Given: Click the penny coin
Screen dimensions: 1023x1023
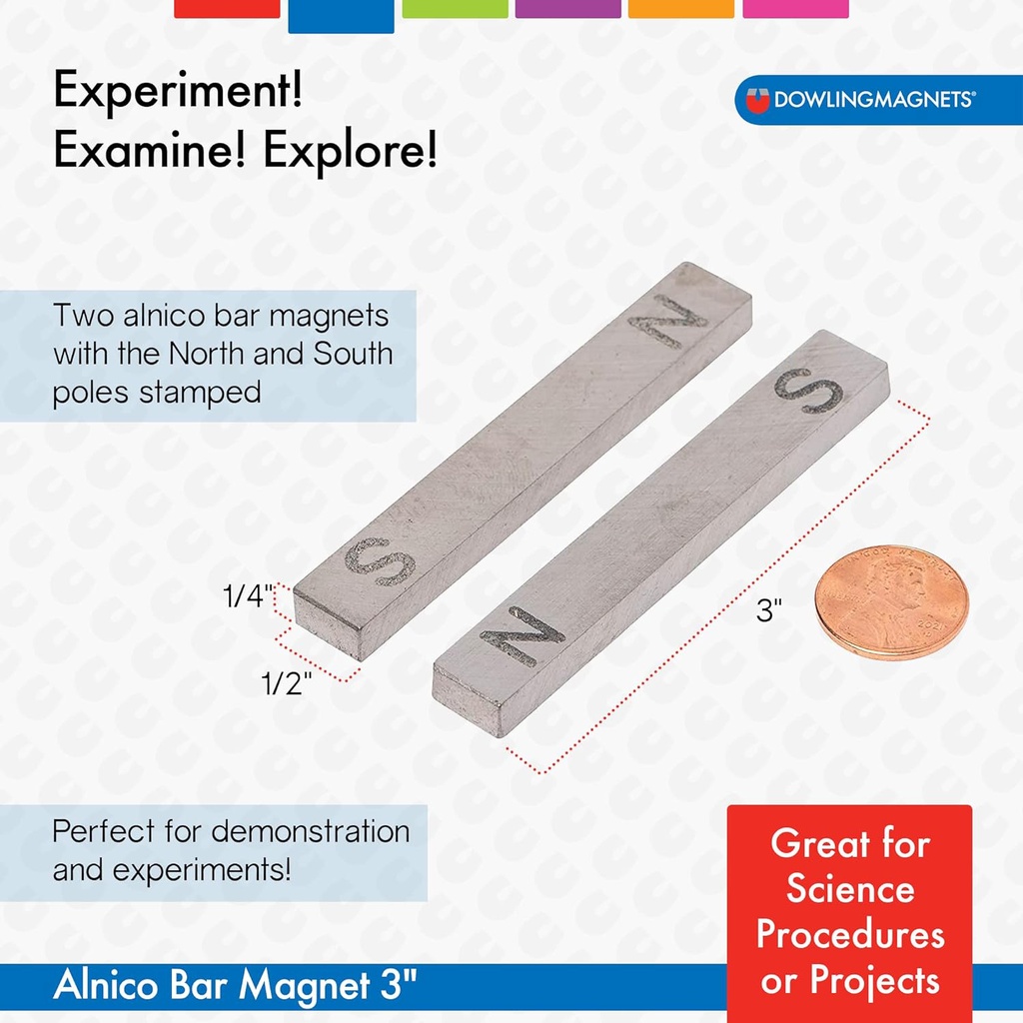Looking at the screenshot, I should [x=891, y=601].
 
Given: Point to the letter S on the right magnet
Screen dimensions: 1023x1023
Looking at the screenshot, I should [x=807, y=391].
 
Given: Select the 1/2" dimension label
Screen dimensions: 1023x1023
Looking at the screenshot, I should [x=288, y=683].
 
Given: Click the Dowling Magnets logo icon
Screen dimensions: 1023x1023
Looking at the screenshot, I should [x=759, y=100].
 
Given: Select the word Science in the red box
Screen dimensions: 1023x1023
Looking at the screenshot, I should [x=850, y=889].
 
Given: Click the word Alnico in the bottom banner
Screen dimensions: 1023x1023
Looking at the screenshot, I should [x=105, y=986].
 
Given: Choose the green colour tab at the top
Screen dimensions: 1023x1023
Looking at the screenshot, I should [x=455, y=8].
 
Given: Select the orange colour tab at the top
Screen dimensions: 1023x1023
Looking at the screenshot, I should [x=681, y=8].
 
